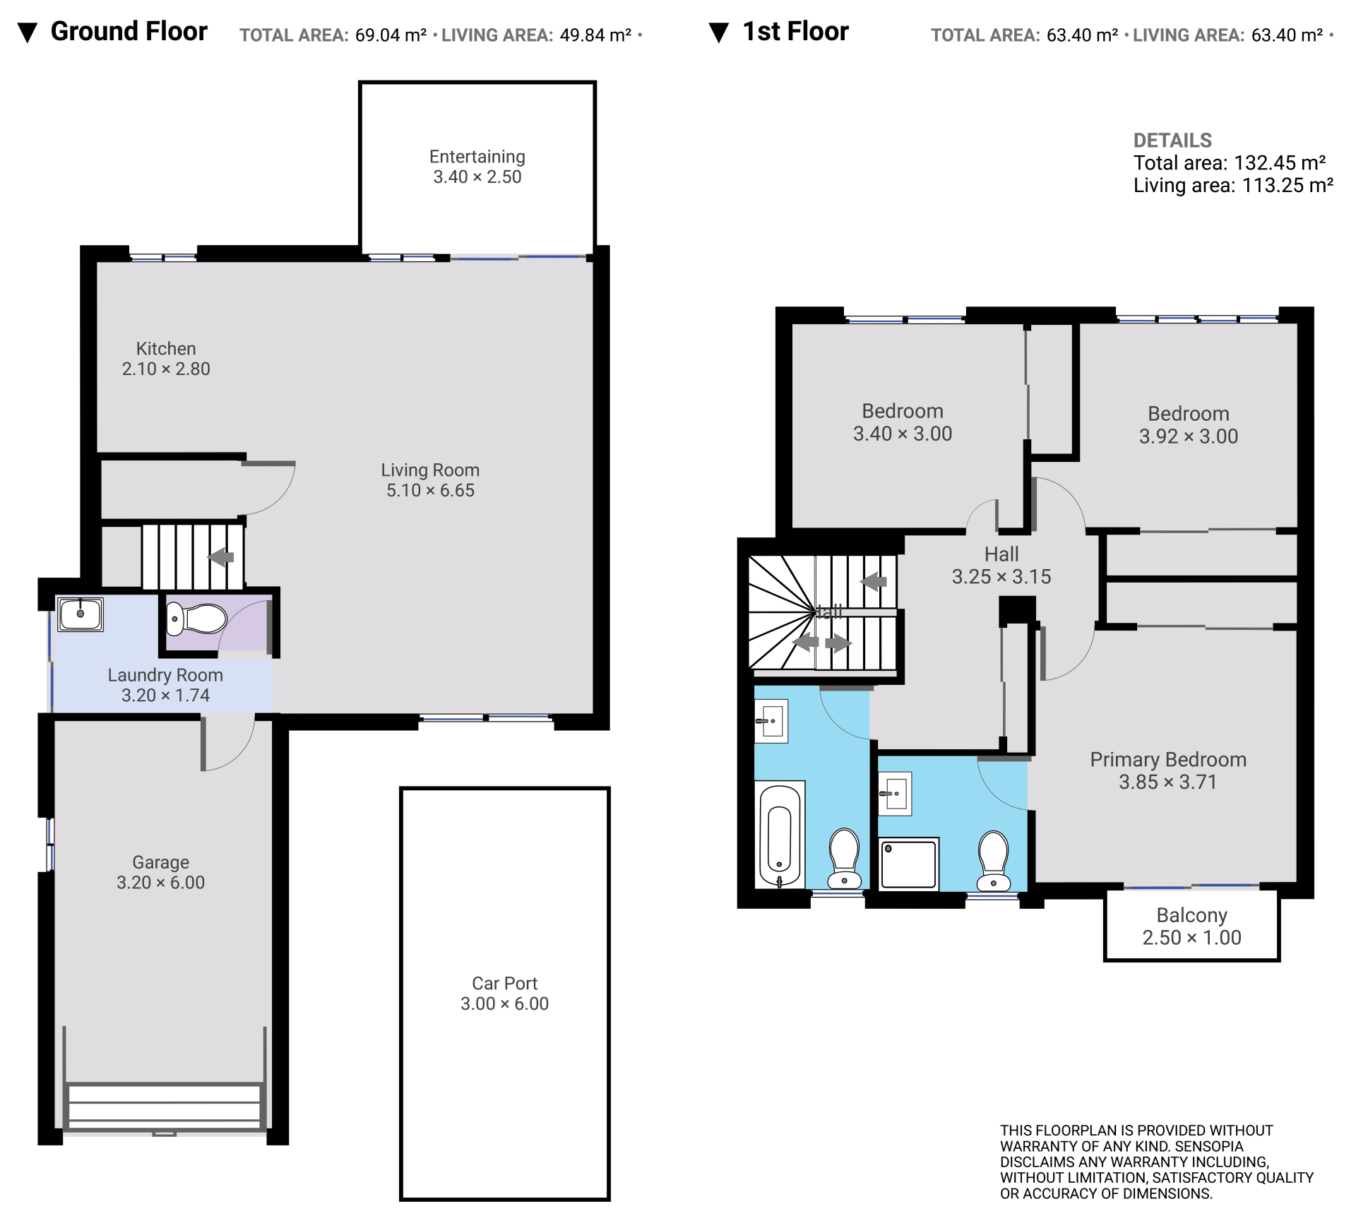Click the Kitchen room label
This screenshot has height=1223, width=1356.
pos(166,349)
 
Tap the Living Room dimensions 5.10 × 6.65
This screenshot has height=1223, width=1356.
pos(430,491)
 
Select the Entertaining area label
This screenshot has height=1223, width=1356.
pos(477,157)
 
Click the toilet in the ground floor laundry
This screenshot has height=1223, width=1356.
pos(196,619)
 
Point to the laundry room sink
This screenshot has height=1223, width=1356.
pos(81,614)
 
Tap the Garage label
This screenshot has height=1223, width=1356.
pos(161,862)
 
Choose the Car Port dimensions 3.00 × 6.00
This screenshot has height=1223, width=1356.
pos(504,1004)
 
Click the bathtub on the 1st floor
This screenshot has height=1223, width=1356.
pos(780,834)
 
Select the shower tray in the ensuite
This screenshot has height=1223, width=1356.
pos(910,864)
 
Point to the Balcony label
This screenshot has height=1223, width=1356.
pos(1191,916)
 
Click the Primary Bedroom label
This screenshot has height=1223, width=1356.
pos(1168,760)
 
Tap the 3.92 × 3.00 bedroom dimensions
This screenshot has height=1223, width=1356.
pos(1189,436)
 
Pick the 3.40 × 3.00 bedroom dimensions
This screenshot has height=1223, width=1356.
pos(903,434)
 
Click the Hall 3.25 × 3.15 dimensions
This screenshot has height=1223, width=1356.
pos(1001,577)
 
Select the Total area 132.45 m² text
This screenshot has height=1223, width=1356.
pos(1230,163)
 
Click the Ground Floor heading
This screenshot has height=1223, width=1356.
pos(129,32)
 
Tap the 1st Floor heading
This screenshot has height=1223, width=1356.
pos(796,32)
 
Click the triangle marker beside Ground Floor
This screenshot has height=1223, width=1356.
pos(27,33)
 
